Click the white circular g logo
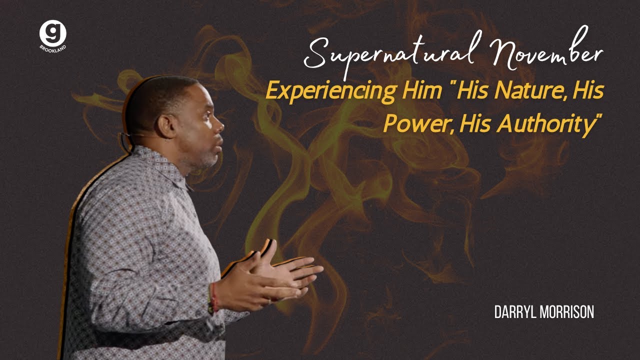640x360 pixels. [52, 33]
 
